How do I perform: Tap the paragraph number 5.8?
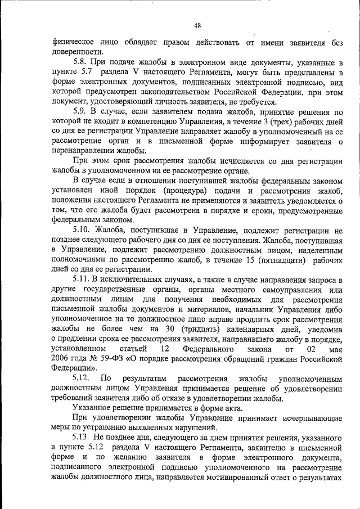pos(80,61)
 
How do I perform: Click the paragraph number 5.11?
pos(83,280)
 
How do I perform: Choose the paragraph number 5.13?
pos(83,437)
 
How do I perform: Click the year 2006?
pos(61,358)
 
